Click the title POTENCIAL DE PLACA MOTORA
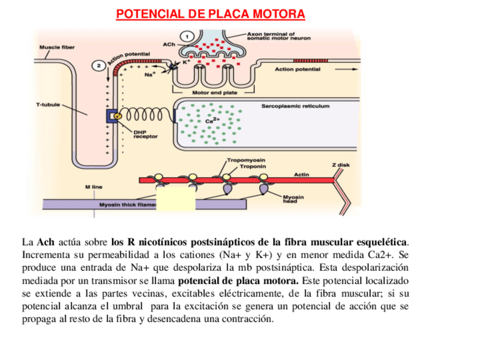pyautogui.click(x=211, y=14)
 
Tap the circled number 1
pyautogui.click(x=185, y=37)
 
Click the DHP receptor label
pyautogui.click(x=145, y=134)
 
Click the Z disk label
pyautogui.click(x=341, y=165)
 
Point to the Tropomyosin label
pyautogui.click(x=246, y=160)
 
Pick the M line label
pyautogui.click(x=94, y=186)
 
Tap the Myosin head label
pyautogui.click(x=293, y=199)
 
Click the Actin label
pyautogui.click(x=302, y=174)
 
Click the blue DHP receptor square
pyautogui.click(x=112, y=115)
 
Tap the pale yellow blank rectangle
pyautogui.click(x=175, y=198)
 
